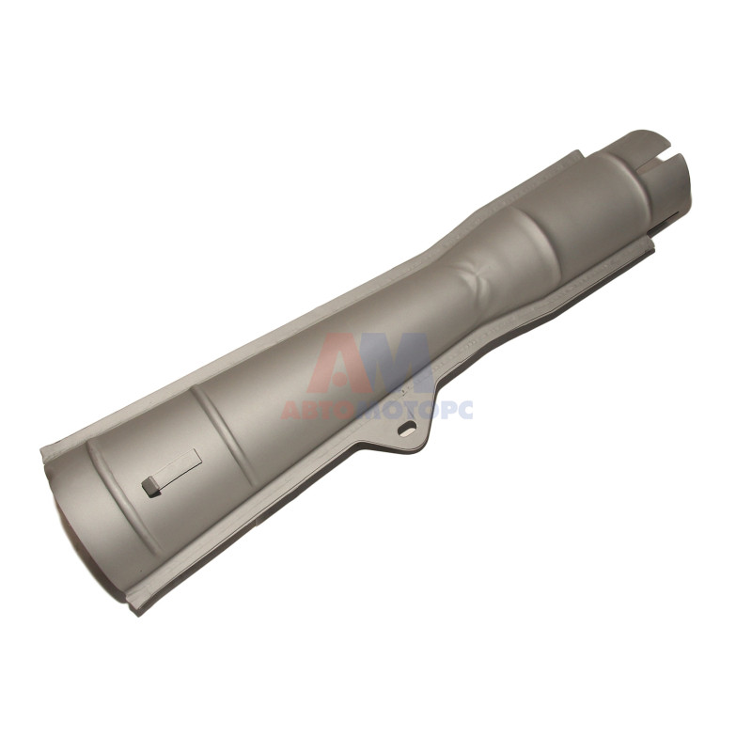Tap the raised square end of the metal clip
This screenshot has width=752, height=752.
point(150,486)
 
